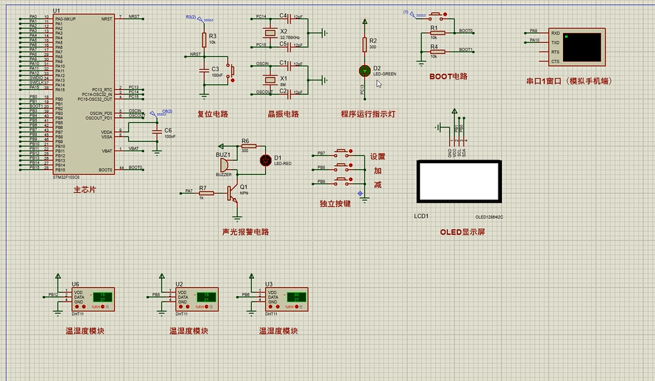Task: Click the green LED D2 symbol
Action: [x=365, y=71]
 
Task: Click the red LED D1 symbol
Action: [x=266, y=160]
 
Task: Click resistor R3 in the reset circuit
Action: [x=203, y=40]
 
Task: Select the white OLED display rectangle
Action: [x=459, y=182]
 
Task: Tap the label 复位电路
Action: [x=212, y=114]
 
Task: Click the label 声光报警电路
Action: [x=246, y=232]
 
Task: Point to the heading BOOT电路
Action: [x=448, y=77]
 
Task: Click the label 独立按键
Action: [x=335, y=204]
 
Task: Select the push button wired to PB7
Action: [x=342, y=153]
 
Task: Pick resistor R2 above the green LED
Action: [x=365, y=45]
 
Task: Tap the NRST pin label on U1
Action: [x=106, y=19]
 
